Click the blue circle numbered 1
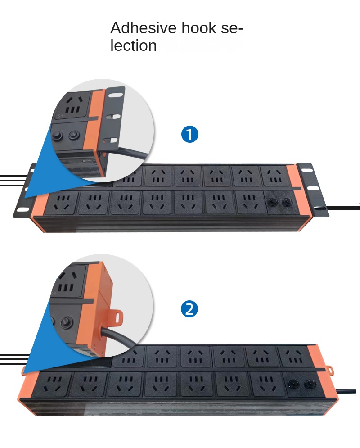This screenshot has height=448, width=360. pyautogui.click(x=189, y=134)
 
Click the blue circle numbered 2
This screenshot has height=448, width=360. pyautogui.click(x=189, y=309)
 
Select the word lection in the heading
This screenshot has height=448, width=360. pyautogui.click(x=134, y=45)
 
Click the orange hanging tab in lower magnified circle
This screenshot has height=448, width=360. pyautogui.click(x=117, y=317)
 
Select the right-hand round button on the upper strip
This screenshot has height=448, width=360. pyautogui.click(x=285, y=203)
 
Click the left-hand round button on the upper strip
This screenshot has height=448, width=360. pyautogui.click(x=272, y=203)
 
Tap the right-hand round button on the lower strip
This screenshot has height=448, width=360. pyautogui.click(x=309, y=384)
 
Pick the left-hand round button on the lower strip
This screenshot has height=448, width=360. pyautogui.click(x=293, y=384)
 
